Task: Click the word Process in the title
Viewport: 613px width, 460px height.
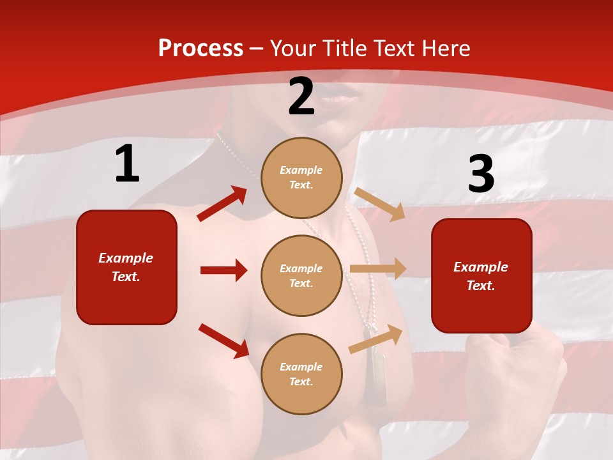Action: click(x=201, y=49)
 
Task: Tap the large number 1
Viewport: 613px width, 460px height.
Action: click(x=127, y=164)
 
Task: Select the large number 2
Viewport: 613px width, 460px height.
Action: click(x=301, y=97)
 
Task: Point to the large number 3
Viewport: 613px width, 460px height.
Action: click(x=481, y=174)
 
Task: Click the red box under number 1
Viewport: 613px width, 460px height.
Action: click(x=126, y=267)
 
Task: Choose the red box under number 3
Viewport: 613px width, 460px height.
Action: click(x=481, y=275)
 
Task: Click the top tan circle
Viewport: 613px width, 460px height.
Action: click(x=301, y=178)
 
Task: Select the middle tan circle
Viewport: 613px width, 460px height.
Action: click(x=301, y=275)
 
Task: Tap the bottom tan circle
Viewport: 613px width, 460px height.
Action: click(x=301, y=374)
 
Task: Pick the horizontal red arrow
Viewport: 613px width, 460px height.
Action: click(x=224, y=270)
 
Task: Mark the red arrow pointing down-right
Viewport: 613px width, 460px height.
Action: click(x=224, y=341)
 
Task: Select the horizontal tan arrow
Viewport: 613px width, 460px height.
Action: click(x=378, y=269)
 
